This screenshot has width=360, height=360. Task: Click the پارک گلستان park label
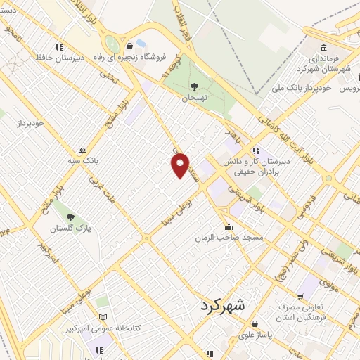[x=69, y=229]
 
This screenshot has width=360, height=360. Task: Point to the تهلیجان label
[x=196, y=98]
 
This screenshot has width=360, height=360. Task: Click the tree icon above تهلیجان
[x=194, y=86]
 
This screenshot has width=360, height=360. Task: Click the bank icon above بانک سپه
[x=82, y=149]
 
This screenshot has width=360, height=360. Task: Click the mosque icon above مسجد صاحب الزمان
[x=229, y=226]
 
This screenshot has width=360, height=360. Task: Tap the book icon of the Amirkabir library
[x=103, y=317]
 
